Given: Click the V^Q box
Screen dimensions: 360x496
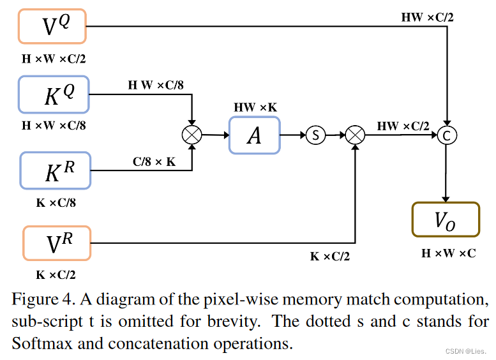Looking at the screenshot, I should (x=52, y=26).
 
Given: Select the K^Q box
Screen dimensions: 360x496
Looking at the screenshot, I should (x=54, y=94).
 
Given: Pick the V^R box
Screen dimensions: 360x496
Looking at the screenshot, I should (x=57, y=243).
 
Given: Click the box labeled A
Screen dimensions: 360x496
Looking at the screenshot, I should (x=254, y=135).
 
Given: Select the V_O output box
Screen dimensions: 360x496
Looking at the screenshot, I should (x=445, y=220).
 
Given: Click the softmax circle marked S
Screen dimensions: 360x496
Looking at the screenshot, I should (x=315, y=135).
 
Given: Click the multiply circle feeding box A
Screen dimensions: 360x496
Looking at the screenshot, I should (x=192, y=135).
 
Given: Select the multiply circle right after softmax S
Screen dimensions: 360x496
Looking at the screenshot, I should (x=354, y=135).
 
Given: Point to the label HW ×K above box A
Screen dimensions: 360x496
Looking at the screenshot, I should (x=255, y=107).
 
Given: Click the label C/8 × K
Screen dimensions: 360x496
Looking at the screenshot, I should (x=154, y=162).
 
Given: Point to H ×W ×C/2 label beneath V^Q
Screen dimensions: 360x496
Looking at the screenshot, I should (x=54, y=59).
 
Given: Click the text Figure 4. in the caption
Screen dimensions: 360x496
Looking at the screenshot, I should (x=38, y=299).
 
